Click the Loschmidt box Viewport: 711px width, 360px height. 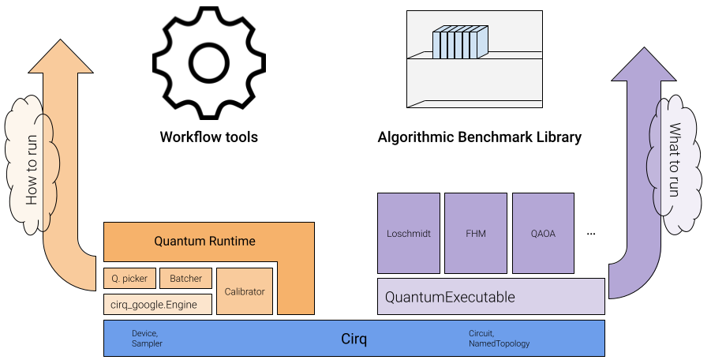pos(409,234)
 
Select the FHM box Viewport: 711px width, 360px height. pos(475,234)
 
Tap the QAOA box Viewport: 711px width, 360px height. pos(543,234)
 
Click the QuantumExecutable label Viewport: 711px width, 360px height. pos(450,298)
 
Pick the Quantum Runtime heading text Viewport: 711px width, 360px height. pos(204,241)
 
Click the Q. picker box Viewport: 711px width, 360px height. pos(129,279)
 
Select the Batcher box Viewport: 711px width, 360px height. pos(185,279)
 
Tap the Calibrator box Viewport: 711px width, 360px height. pos(245,291)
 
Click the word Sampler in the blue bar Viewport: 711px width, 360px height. pos(147,344)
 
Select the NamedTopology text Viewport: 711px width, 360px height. pos(499,344)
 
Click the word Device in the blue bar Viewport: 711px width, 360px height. pos(145,333)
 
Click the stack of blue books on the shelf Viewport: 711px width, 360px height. pos(460,43)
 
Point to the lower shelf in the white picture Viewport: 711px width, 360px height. pos(473,103)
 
